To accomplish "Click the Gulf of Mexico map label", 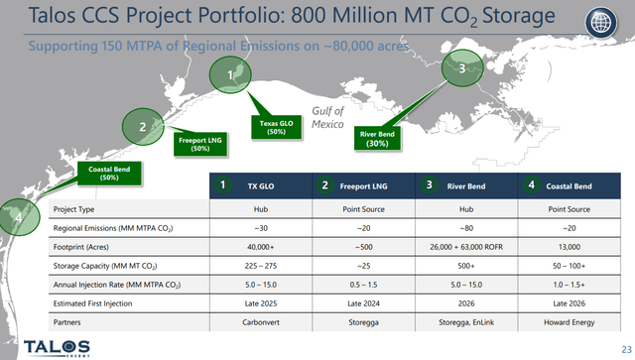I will [327, 118].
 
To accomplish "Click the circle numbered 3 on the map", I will [462, 68].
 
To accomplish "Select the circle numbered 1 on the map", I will [231, 74].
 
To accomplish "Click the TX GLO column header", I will [260, 184].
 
